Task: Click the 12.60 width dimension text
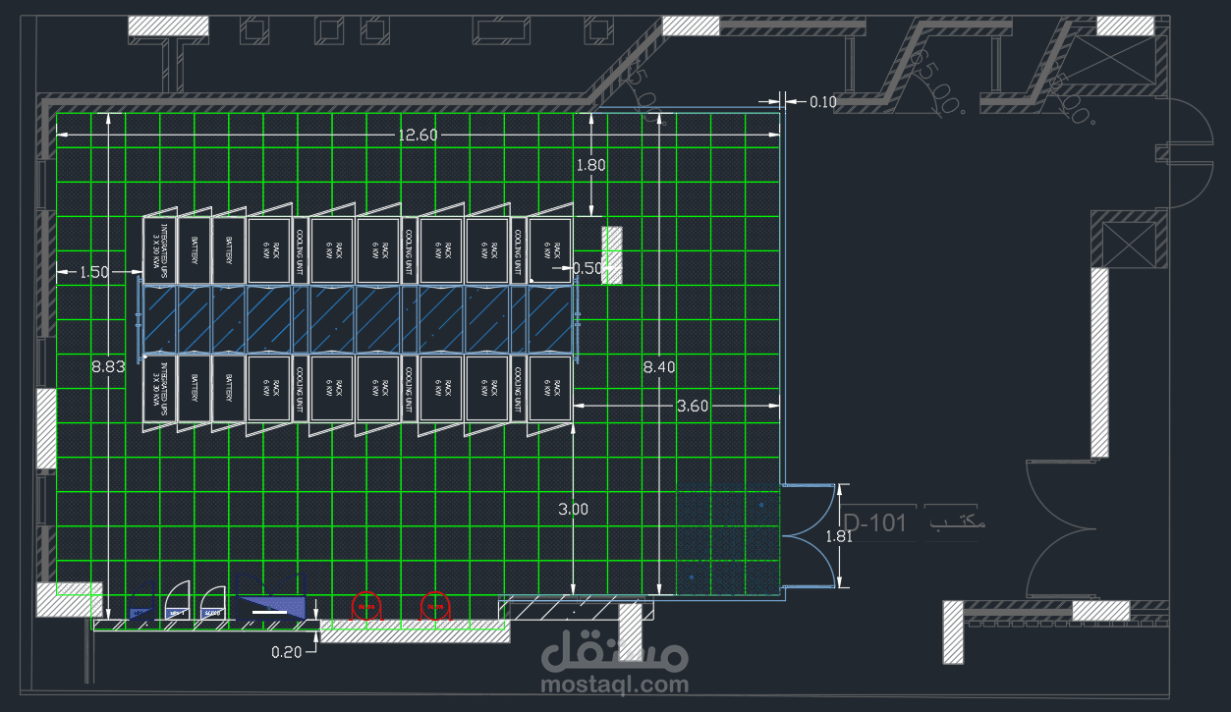(x=418, y=135)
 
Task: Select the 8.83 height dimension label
(x=108, y=366)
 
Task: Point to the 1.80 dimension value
(x=590, y=165)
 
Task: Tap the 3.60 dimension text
(x=693, y=405)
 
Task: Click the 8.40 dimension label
(x=659, y=366)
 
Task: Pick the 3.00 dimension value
(x=573, y=509)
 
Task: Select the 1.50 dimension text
(x=94, y=272)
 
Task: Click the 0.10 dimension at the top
(x=823, y=101)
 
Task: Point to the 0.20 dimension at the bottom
(x=288, y=650)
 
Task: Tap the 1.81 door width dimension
(x=839, y=536)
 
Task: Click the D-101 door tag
(x=875, y=522)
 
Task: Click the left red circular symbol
(x=366, y=607)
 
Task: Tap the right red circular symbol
(x=434, y=607)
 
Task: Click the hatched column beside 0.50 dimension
(x=612, y=254)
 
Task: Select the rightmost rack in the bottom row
(x=550, y=390)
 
